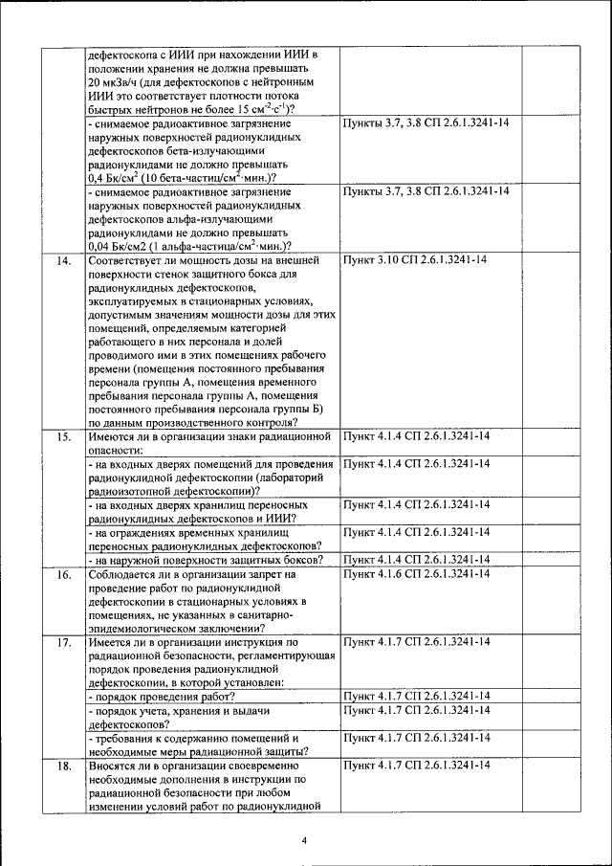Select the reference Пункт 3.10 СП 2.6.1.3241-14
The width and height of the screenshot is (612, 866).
415,260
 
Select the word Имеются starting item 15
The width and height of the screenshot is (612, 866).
111,436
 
